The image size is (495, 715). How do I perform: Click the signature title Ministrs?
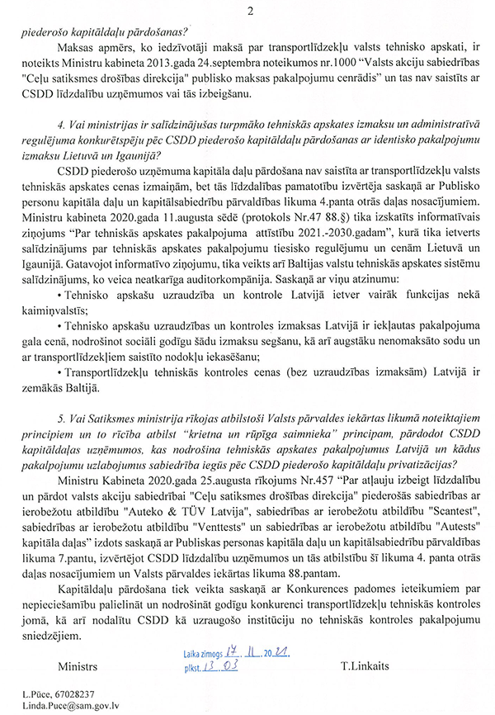pos(78,665)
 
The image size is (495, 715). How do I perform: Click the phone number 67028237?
pos(71,694)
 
